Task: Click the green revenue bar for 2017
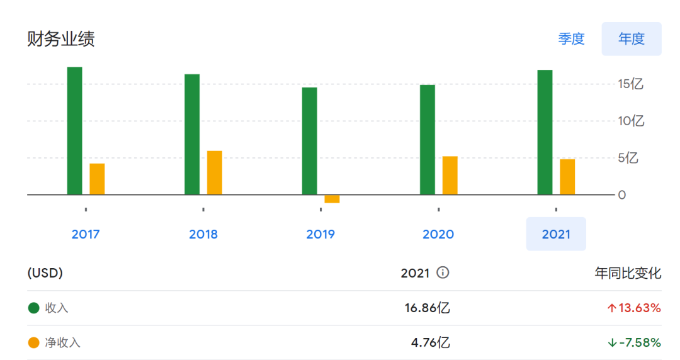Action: click(74, 130)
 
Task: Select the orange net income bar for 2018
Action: click(215, 172)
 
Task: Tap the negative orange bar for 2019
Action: click(332, 199)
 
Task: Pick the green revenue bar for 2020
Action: click(427, 139)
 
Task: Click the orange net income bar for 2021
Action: click(567, 177)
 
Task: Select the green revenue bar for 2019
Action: click(309, 140)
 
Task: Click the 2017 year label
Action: click(86, 234)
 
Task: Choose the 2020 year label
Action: click(438, 234)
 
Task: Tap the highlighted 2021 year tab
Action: click(556, 234)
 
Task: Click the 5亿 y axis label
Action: click(628, 158)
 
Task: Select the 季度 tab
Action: click(572, 39)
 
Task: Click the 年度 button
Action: click(632, 39)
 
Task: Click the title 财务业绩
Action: click(61, 39)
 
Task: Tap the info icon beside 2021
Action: click(443, 273)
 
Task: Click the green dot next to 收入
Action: click(34, 308)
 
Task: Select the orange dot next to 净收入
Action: click(34, 342)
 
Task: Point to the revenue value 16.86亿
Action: click(427, 308)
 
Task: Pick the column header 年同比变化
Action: click(628, 273)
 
